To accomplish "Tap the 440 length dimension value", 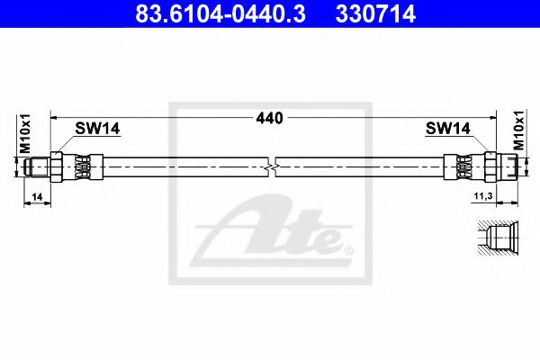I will pyautogui.click(x=270, y=118).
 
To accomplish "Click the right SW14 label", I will pyautogui.click(x=447, y=130).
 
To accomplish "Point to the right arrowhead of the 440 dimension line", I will pyautogui.click(x=492, y=117).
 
